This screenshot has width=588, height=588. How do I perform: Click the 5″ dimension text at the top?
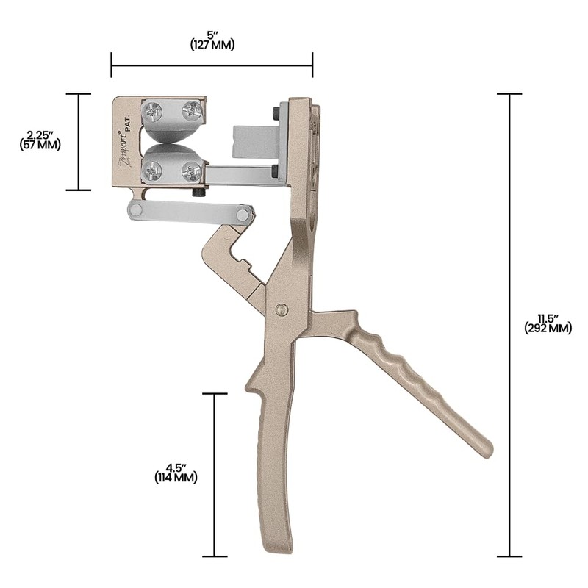tap(212, 33)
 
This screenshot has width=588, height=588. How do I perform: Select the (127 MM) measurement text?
tap(212, 44)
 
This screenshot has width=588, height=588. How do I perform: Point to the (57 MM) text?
tap(40, 145)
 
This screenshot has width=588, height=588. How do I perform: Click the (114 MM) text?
tap(176, 478)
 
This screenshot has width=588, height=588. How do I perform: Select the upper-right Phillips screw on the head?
tap(191, 111)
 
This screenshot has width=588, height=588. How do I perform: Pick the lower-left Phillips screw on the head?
tap(153, 171)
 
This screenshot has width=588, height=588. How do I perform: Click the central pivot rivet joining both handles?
tap(282, 309)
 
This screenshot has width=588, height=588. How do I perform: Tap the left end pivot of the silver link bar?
tap(135, 209)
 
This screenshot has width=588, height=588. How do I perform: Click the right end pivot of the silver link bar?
tap(243, 214)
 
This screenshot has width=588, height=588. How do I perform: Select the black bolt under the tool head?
tap(198, 193)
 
